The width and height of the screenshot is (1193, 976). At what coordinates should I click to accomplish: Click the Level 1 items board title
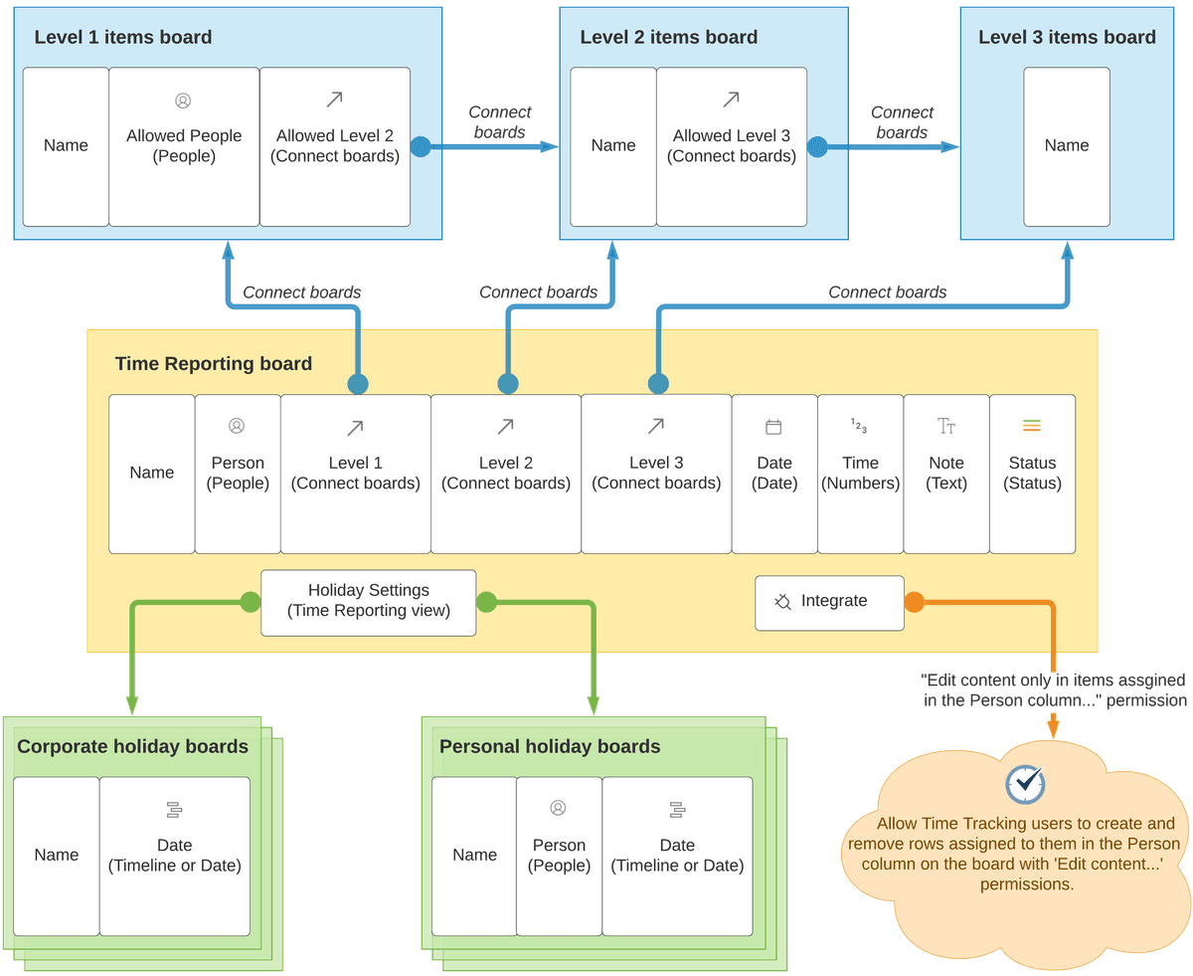click(x=122, y=38)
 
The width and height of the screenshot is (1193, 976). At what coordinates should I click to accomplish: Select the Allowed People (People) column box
click(x=184, y=146)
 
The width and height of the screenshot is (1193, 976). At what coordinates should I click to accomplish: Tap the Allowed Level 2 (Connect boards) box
click(x=335, y=146)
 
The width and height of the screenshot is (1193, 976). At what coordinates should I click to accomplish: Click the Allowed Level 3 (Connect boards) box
click(x=732, y=146)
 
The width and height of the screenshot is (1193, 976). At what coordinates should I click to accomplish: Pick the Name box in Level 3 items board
click(x=1067, y=146)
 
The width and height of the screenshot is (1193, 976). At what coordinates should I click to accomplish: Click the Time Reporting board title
click(x=213, y=364)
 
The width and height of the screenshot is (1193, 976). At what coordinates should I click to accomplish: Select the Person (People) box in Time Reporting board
click(x=238, y=474)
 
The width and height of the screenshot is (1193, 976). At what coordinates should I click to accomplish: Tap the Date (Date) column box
click(x=774, y=474)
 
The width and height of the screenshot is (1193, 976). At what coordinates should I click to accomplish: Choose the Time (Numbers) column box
click(x=860, y=474)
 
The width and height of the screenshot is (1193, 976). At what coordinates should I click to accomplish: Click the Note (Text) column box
click(x=946, y=474)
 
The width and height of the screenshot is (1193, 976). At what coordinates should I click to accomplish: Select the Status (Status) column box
click(x=1032, y=474)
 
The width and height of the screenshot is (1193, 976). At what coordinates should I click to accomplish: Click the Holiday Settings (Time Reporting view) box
click(x=368, y=602)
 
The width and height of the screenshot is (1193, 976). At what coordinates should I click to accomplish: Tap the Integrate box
click(x=829, y=602)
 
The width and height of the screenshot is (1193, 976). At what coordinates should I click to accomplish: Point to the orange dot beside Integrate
click(x=914, y=602)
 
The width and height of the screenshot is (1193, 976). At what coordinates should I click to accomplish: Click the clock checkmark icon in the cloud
click(x=1024, y=784)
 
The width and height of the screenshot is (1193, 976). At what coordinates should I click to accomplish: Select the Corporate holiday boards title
click(x=132, y=747)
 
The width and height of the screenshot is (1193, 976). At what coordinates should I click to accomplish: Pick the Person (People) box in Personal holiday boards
click(x=559, y=856)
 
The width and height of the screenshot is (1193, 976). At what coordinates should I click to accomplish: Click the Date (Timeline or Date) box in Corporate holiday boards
click(x=174, y=856)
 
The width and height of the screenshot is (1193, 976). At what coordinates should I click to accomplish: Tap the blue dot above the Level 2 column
click(x=508, y=384)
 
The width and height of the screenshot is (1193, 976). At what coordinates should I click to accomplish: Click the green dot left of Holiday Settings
click(x=251, y=602)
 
